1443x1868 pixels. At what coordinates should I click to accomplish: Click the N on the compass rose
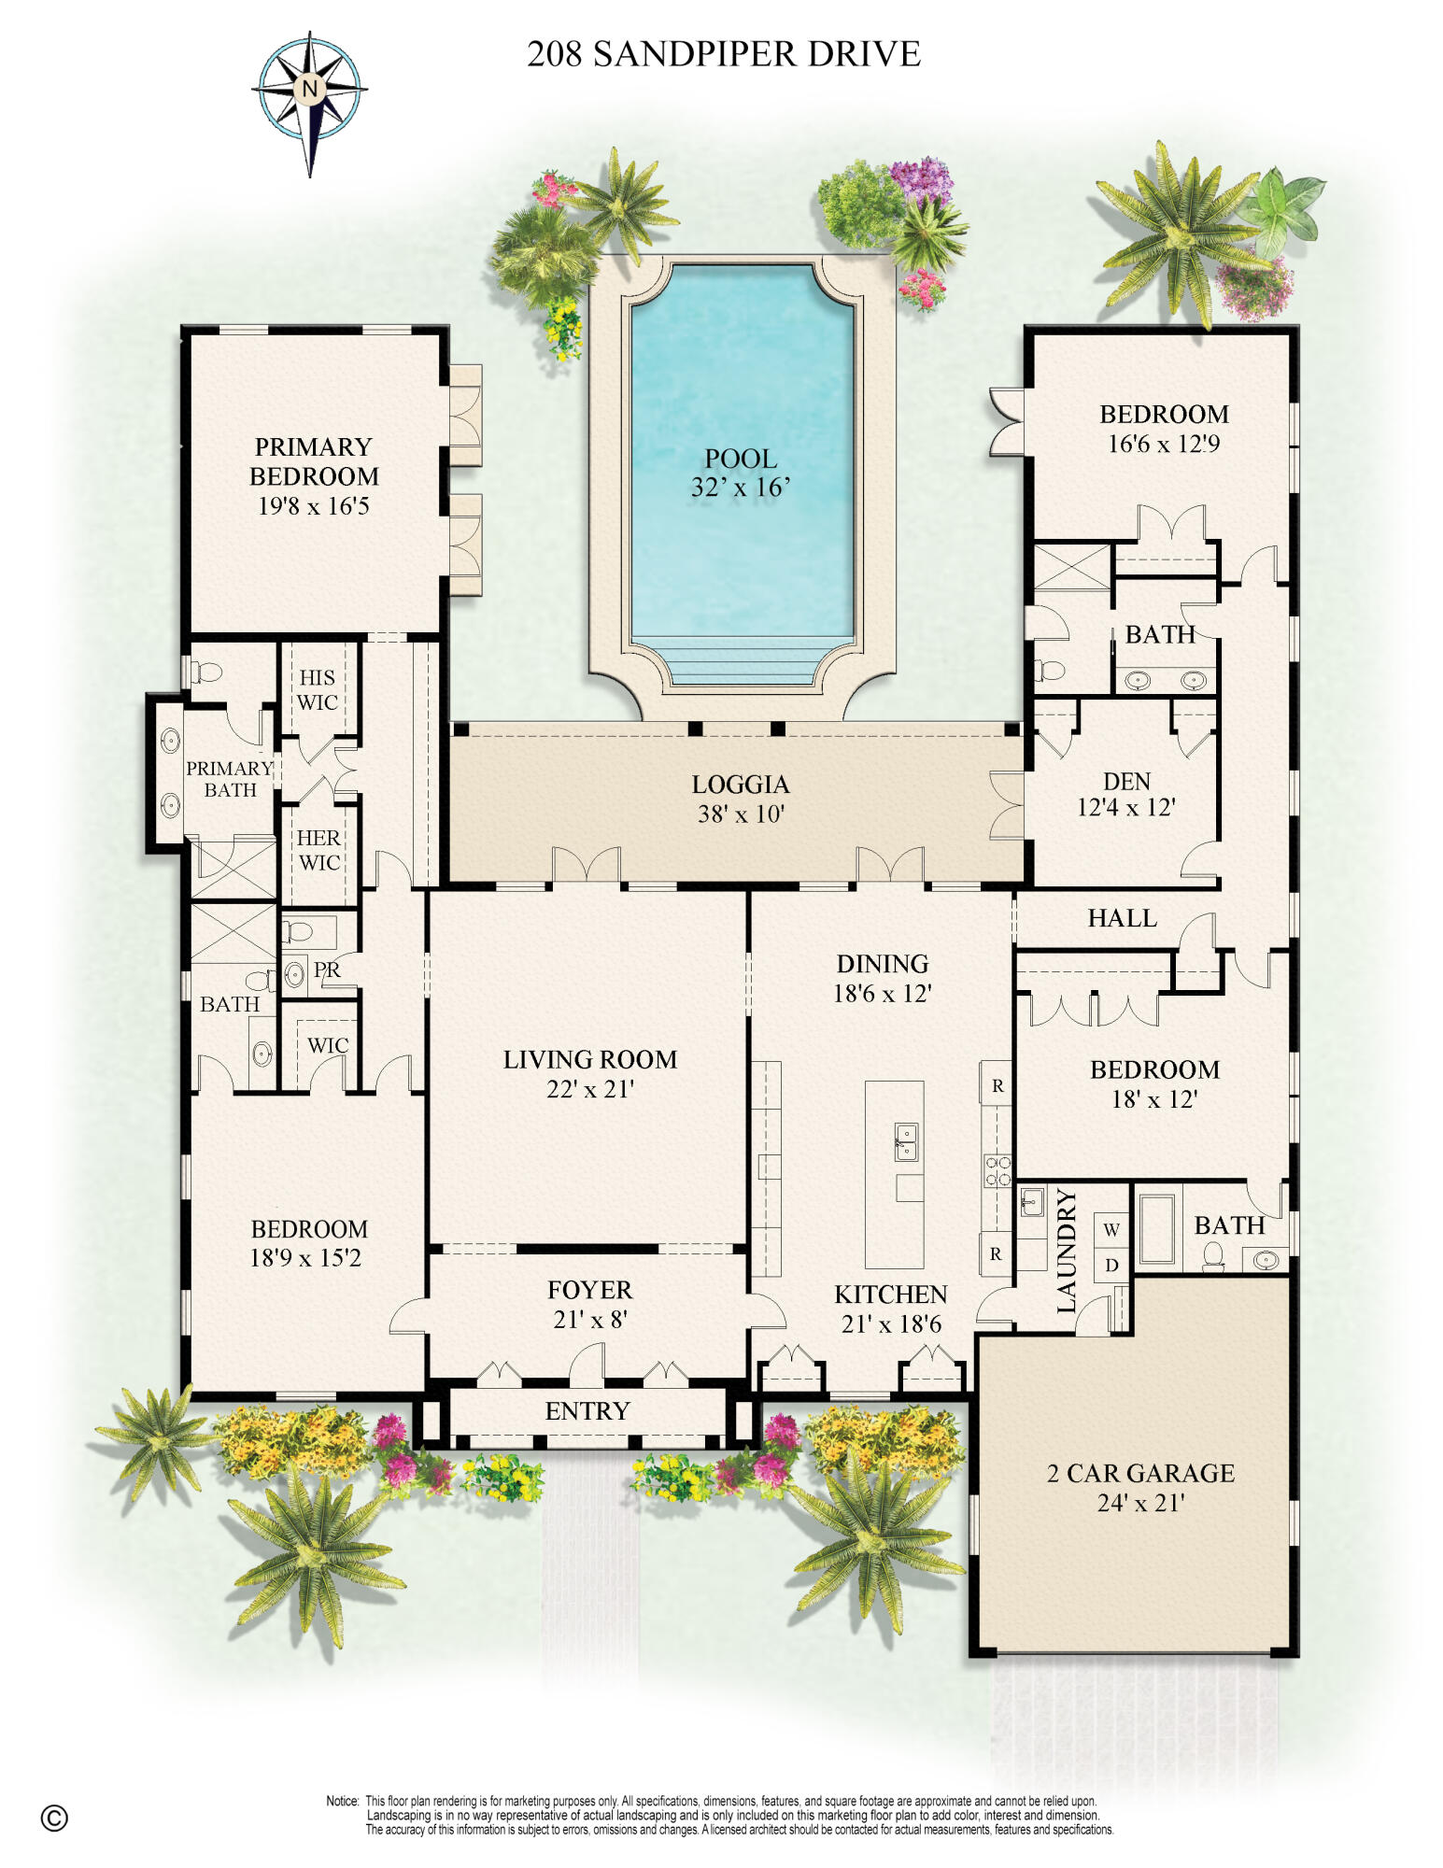pyautogui.click(x=309, y=90)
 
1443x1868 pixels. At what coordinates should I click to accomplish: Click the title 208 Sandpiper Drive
pyautogui.click(x=723, y=54)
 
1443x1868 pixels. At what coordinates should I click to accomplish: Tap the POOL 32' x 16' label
pyautogui.click(x=741, y=473)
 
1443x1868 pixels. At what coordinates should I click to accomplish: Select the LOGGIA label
pyautogui.click(x=741, y=785)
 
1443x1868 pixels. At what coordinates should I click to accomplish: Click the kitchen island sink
pyautogui.click(x=905, y=1141)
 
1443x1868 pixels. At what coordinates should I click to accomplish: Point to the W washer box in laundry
pyautogui.click(x=1111, y=1230)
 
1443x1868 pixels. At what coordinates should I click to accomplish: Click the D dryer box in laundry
pyautogui.click(x=1111, y=1266)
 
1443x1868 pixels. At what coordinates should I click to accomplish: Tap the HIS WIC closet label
pyautogui.click(x=318, y=689)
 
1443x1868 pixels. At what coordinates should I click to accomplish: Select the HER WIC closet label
pyautogui.click(x=318, y=850)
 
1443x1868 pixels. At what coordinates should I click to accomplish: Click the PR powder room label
pyautogui.click(x=327, y=970)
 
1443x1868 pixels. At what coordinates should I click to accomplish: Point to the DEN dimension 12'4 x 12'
pyautogui.click(x=1126, y=807)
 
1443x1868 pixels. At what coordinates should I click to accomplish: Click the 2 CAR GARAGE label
pyautogui.click(x=1140, y=1474)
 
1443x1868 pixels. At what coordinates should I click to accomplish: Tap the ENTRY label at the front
pyautogui.click(x=587, y=1411)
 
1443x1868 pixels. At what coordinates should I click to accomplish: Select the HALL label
pyautogui.click(x=1122, y=918)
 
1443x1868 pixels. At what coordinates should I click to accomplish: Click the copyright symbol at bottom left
pyautogui.click(x=54, y=1818)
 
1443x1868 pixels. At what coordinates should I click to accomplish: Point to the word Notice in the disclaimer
pyautogui.click(x=342, y=1801)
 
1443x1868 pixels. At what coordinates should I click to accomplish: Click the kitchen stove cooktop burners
pyautogui.click(x=997, y=1170)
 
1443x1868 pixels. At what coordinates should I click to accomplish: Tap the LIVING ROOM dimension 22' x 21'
pyautogui.click(x=590, y=1089)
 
